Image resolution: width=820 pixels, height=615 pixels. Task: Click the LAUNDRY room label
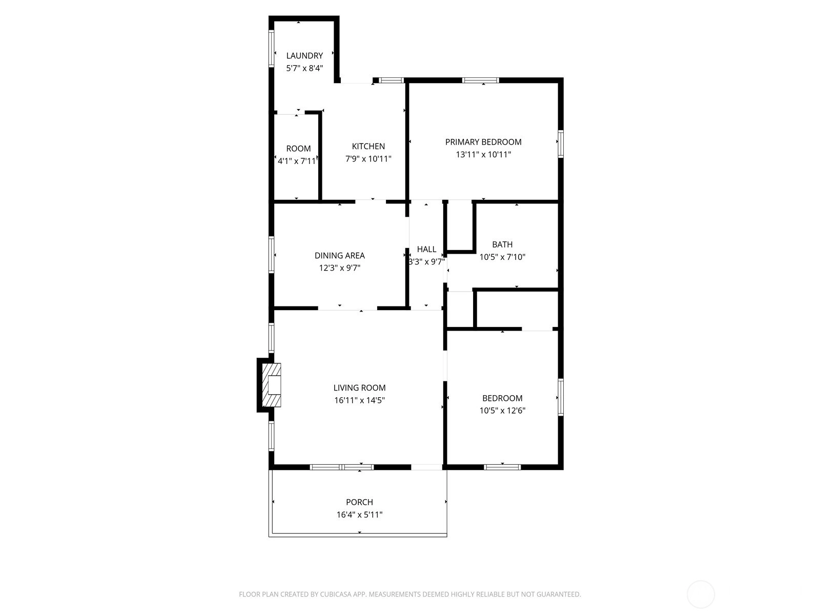tap(304, 56)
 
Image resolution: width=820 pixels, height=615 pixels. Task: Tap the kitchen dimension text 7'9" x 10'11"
tap(368, 159)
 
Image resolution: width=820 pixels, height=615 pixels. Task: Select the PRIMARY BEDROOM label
tap(483, 142)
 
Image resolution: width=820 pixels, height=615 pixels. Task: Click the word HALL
tap(426, 249)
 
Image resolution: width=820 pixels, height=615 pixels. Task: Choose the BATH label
tap(502, 244)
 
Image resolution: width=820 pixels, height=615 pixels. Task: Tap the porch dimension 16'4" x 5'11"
tap(359, 515)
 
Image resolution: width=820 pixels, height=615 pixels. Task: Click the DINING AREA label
tap(340, 255)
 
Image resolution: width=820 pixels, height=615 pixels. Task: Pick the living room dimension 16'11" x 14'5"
tap(359, 400)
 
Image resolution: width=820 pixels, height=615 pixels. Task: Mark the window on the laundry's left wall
tap(272, 49)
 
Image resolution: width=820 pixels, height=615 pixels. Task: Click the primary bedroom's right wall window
tap(560, 144)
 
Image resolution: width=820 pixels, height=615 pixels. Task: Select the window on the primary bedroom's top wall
tap(480, 80)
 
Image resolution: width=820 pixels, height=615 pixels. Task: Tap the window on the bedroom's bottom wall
tap(502, 467)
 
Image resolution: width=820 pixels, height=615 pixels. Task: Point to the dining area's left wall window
tap(272, 255)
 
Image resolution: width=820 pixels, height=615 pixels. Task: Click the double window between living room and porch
tap(342, 467)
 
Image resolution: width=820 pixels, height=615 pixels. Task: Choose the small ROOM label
tap(298, 149)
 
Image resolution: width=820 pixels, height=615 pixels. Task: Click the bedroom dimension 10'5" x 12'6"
tap(502, 411)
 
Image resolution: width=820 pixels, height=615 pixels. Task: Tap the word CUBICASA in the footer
tap(336, 594)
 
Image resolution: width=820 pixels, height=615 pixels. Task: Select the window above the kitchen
tap(392, 80)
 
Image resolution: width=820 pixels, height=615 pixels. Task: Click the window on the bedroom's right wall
tap(560, 397)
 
